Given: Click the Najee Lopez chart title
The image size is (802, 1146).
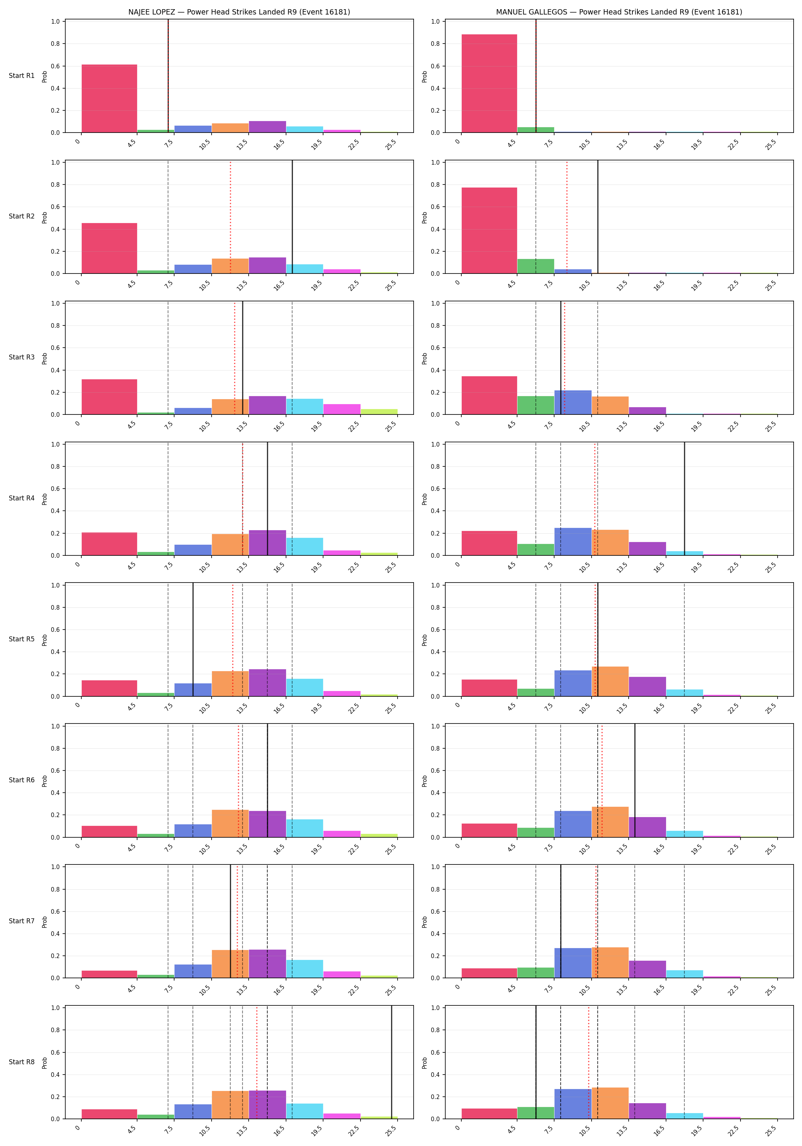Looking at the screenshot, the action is tap(239, 12).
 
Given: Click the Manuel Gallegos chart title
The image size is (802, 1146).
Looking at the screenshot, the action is tap(619, 12).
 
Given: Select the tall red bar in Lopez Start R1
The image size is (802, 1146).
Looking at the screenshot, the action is tap(109, 98).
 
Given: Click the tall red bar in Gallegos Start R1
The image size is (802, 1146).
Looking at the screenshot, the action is tap(489, 83).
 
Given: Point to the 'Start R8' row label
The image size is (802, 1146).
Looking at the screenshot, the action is tap(21, 1062).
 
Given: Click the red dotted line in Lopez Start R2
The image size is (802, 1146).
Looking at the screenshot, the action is tap(231, 217).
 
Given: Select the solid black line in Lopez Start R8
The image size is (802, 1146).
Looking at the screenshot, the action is tap(392, 1062).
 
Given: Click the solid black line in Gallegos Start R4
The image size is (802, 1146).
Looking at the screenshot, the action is tap(684, 499).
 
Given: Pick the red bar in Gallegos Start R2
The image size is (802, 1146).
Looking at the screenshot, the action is tap(489, 231).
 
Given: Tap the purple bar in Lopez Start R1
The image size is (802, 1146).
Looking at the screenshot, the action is tap(267, 127).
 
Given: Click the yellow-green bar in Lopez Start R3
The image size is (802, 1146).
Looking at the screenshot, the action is tap(379, 412).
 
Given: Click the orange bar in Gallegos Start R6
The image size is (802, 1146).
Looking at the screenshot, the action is tap(610, 822).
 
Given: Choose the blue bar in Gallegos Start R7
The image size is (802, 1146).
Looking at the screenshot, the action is tap(573, 963).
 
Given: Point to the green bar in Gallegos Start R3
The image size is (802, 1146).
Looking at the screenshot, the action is tap(535, 405).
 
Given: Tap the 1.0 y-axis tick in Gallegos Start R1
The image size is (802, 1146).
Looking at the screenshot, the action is tap(435, 21).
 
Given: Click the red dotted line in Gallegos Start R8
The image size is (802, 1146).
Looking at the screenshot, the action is tap(589, 1062).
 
